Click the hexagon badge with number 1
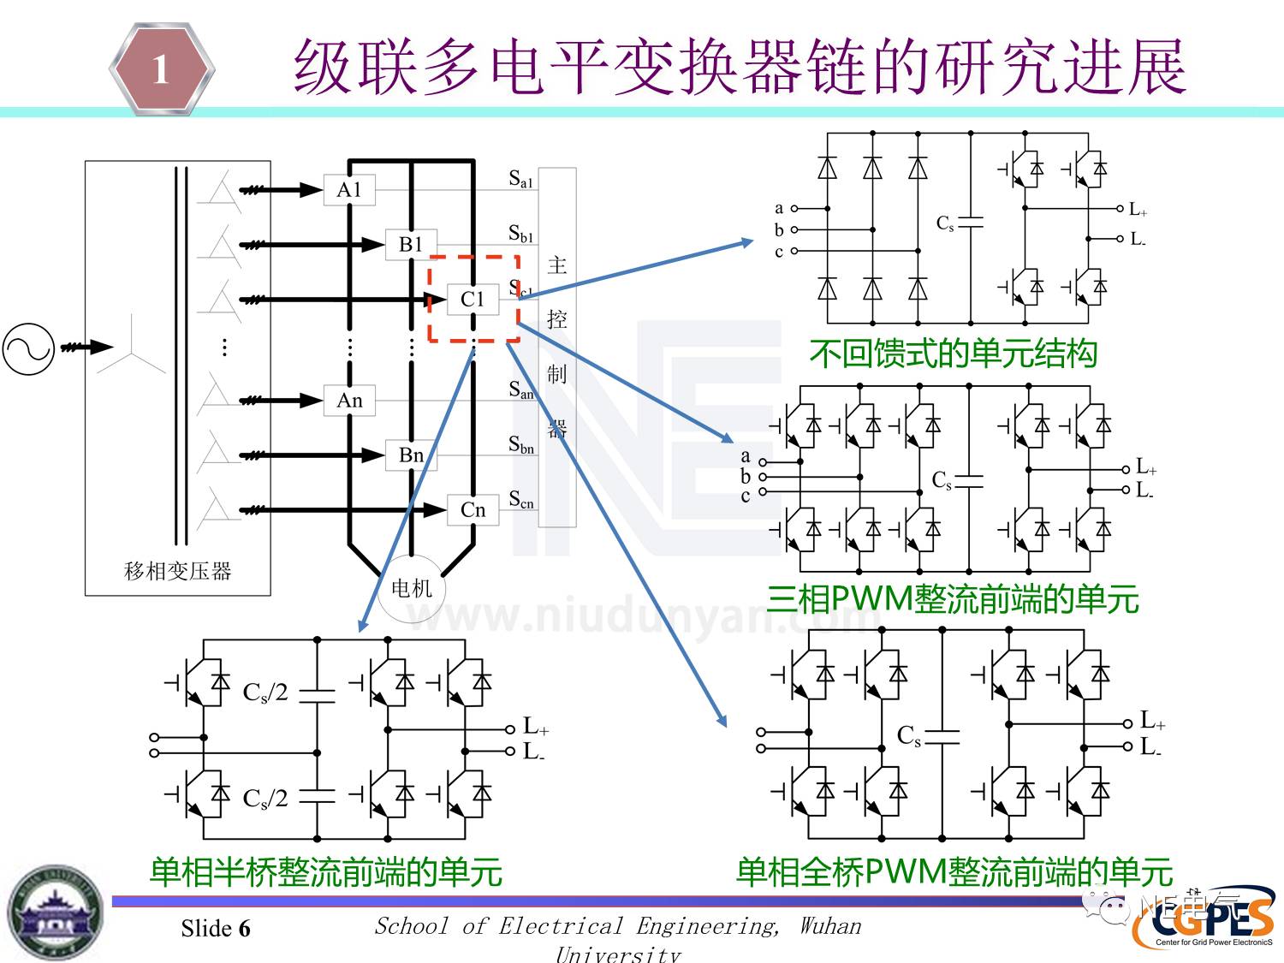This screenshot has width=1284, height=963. pos(161,69)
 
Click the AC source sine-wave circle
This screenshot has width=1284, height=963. pos(28,348)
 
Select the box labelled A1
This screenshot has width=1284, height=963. pos(349,190)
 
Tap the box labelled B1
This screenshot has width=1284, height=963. pos(411,245)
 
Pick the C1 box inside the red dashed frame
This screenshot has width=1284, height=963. pos(473,300)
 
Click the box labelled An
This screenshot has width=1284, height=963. pos(349,401)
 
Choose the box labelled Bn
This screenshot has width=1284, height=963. pos(411,455)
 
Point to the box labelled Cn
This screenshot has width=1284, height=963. pos(473,510)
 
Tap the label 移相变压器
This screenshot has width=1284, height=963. pos(178,571)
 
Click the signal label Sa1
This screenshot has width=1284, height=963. pos(520,179)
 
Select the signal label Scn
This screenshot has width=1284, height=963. pos(521,500)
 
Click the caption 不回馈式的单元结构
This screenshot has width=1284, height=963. pos(953,354)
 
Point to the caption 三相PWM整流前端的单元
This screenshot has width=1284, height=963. pos(952,598)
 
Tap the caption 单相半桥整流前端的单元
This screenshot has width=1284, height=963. pos(325,871)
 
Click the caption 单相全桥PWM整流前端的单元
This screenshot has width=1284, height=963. pos(954,871)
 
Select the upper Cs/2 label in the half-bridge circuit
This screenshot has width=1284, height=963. pos(265,692)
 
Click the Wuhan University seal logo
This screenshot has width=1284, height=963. pos(56,912)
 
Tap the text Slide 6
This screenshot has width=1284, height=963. pos(216,929)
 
